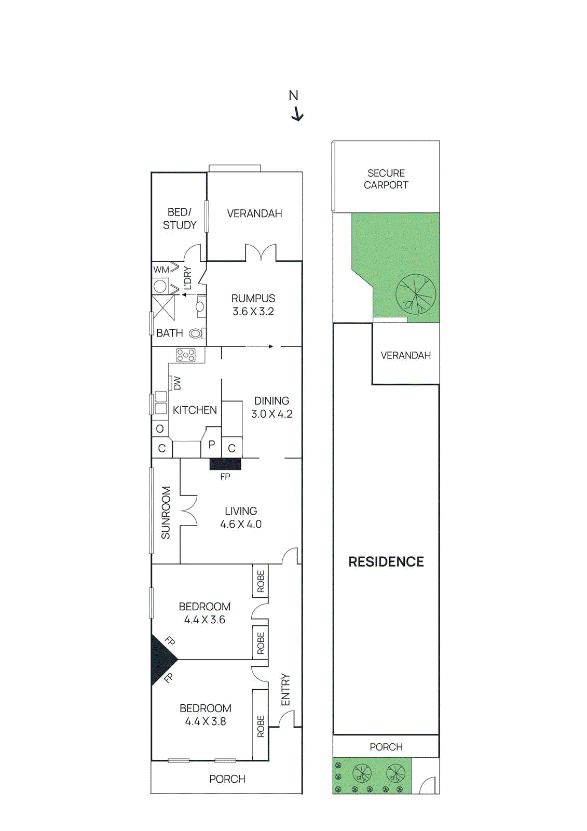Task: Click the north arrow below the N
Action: (297, 114)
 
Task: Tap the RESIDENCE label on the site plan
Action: (386, 562)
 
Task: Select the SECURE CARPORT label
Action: (386, 179)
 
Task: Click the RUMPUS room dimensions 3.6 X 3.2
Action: (253, 312)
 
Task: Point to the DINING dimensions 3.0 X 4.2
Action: (271, 414)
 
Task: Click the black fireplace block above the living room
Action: (225, 464)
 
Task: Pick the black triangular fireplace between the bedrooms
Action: (161, 660)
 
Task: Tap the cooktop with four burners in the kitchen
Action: (186, 355)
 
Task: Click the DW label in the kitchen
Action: (178, 383)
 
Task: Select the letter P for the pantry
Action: (211, 445)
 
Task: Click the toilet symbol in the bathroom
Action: (196, 333)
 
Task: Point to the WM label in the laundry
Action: (161, 270)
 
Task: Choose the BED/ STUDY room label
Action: (180, 219)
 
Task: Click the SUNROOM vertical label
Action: (166, 513)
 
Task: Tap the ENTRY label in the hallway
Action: (285, 690)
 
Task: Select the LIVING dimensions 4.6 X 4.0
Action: (241, 525)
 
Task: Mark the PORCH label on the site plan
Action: (386, 747)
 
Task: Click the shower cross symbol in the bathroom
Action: (163, 308)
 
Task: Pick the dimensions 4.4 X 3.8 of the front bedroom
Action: (206, 721)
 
